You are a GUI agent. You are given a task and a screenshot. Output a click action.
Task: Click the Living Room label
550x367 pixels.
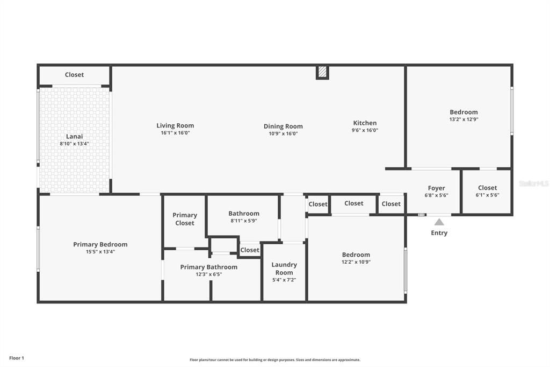point(175,125)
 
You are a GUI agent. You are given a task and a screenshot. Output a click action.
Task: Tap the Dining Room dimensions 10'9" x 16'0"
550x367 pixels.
point(283,134)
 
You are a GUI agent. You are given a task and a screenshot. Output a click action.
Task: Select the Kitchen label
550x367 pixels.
point(365,123)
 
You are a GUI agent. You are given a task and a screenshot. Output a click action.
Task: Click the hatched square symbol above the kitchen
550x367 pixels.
point(322,73)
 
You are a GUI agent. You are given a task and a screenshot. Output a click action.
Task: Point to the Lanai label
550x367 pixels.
point(74,136)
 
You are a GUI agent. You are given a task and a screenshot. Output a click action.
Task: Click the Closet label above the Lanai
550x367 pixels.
point(74,75)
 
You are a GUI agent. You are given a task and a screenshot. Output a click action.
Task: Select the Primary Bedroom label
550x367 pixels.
point(100,244)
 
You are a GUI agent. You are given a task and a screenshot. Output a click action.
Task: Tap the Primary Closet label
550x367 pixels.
point(184,219)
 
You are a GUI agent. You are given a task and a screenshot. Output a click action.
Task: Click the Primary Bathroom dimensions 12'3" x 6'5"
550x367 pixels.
point(208,274)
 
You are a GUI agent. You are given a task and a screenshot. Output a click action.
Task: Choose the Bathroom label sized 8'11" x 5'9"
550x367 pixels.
point(244,214)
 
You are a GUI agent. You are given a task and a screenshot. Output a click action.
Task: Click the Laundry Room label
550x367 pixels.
point(284,269)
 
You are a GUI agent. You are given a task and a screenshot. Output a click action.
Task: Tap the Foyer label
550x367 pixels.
point(436,188)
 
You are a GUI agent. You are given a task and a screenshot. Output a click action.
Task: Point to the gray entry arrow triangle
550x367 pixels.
point(439,222)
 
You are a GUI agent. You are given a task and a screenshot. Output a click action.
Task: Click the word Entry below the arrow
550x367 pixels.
point(439,233)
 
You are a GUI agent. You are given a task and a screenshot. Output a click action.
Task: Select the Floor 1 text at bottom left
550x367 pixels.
point(17,358)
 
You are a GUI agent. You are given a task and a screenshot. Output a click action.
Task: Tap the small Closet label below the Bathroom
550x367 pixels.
point(250,250)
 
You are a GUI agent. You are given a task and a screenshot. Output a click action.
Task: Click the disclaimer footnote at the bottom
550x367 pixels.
point(275,360)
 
